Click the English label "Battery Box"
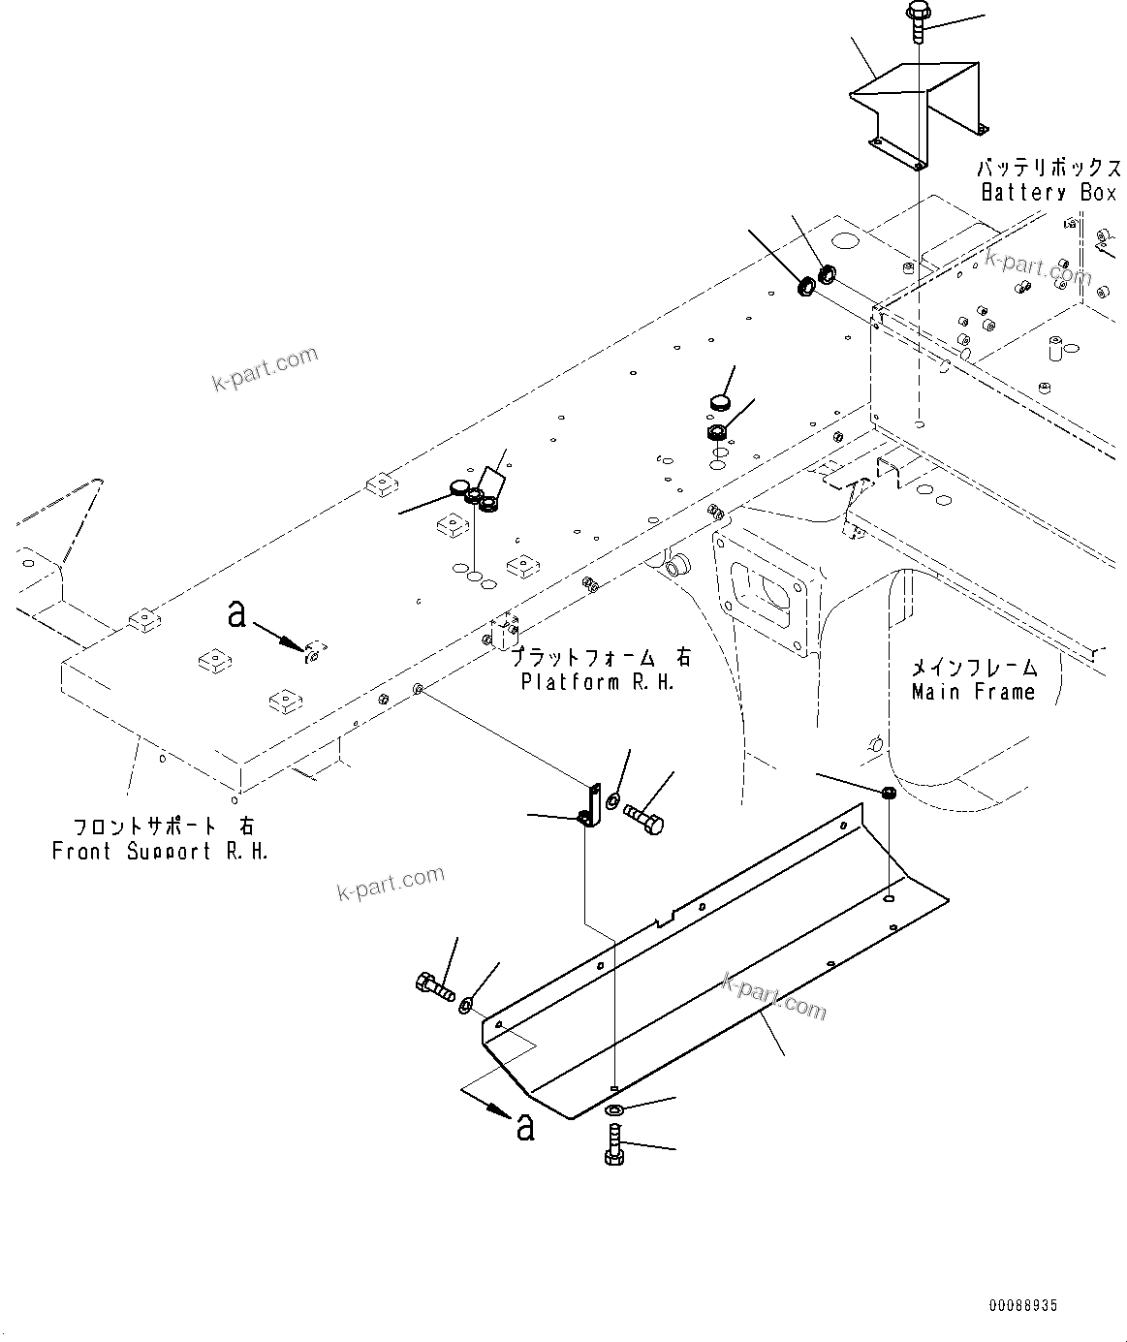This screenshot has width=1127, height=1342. coord(1049,193)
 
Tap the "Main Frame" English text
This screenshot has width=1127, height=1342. coord(973,692)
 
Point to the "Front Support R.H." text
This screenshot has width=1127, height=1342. coord(160,852)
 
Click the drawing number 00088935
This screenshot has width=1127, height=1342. coord(1022,1306)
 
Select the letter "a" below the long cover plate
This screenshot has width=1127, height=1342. coord(524,1126)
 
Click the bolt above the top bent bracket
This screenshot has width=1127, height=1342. coord(916,19)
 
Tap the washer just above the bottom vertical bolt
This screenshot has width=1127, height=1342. coord(616,1110)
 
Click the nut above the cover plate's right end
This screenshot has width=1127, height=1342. coord(889,794)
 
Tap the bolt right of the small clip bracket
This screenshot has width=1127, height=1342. coord(644,819)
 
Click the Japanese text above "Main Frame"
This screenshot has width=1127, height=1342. coord(974,667)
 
